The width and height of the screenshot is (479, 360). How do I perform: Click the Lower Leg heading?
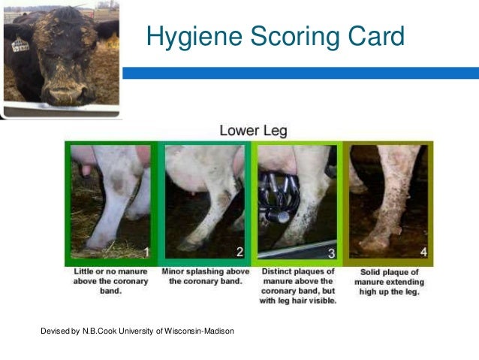click(253, 131)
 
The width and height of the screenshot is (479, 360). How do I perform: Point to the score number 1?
click(146, 251)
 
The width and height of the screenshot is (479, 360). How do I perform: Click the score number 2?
click(239, 251)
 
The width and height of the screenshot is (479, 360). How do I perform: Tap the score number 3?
click(331, 251)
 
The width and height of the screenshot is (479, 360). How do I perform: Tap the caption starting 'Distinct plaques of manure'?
click(298, 281)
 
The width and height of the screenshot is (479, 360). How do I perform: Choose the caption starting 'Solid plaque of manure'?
click(389, 281)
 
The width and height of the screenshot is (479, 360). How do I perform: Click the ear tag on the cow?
click(20, 45)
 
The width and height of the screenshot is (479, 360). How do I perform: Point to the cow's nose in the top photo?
click(66, 93)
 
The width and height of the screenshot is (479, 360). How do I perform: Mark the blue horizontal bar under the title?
click(300, 73)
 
